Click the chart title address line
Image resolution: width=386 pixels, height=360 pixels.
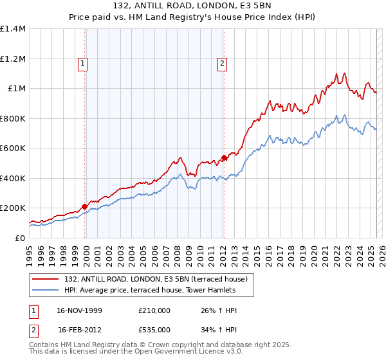tap(193, 6)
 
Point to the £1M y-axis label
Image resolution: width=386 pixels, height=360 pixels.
tap(15, 89)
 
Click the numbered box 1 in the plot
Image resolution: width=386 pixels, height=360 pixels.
tap(84, 63)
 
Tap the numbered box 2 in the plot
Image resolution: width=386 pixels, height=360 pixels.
tap(222, 63)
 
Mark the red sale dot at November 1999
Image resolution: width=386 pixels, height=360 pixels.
tap(85, 206)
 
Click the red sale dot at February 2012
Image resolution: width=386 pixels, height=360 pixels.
tap(224, 157)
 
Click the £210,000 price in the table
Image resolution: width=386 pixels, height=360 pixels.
tap(154, 310)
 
